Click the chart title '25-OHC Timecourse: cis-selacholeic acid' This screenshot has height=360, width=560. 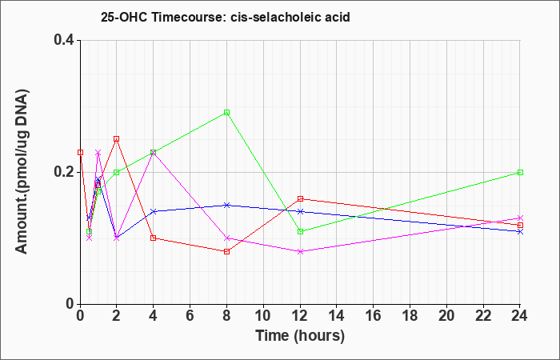click(226, 17)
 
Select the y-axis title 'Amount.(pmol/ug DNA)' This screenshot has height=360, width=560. click(22, 172)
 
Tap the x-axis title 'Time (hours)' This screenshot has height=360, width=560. click(300, 336)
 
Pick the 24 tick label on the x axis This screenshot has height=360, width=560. click(519, 316)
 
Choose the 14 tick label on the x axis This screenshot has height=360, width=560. click(337, 316)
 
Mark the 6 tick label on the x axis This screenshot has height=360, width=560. click(190, 316)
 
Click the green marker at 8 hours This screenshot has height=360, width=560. click(226, 113)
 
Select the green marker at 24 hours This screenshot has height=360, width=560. click(520, 172)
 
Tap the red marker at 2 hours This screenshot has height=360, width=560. click(117, 139)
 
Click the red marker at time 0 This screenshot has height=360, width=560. click(80, 152)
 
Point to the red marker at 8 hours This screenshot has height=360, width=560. click(226, 251)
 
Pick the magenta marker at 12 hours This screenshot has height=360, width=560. click(300, 251)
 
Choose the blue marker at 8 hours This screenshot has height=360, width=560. click(226, 205)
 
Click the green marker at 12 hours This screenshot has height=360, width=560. click(300, 231)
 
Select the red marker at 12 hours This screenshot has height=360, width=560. click(300, 198)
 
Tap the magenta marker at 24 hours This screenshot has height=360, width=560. click(520, 218)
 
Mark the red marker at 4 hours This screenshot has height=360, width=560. click(154, 238)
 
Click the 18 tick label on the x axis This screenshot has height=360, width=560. click(410, 316)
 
